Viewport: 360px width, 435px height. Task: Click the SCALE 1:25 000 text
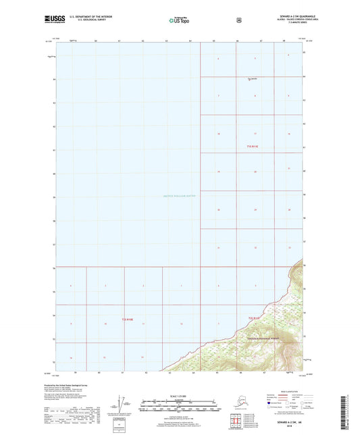[x=180, y=396]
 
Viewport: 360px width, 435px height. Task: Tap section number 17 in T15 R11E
[x=255, y=134]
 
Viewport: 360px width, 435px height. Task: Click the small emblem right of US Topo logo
[x=238, y=20]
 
